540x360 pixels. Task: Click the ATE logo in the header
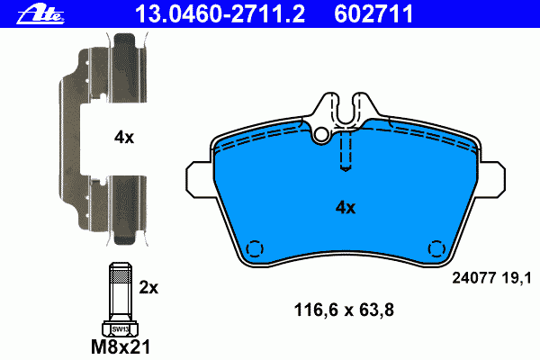click(x=40, y=14)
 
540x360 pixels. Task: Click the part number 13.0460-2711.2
click(x=220, y=14)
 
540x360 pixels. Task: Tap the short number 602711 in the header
click(x=373, y=14)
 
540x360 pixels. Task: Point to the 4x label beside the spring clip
click(x=124, y=138)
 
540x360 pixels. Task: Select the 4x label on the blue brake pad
click(x=346, y=207)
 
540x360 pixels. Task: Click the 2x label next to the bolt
click(x=148, y=287)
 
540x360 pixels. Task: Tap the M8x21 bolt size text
click(x=121, y=346)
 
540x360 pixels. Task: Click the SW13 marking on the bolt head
click(x=121, y=329)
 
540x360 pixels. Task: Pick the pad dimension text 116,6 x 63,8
click(x=344, y=310)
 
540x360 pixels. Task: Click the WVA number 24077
click(x=473, y=278)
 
